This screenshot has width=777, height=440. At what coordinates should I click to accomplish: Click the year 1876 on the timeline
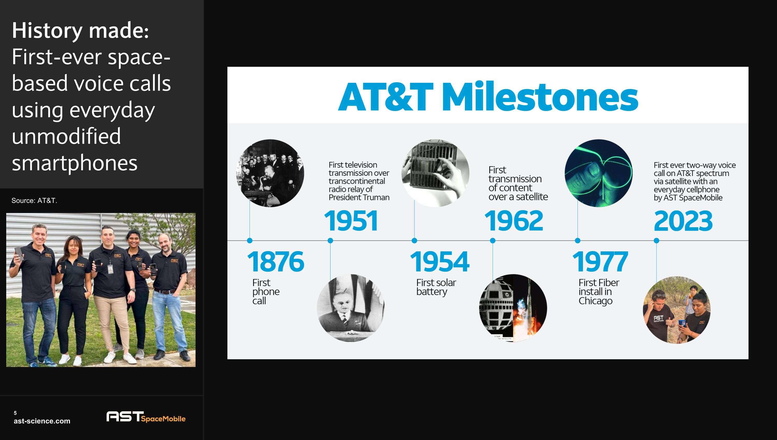point(275,261)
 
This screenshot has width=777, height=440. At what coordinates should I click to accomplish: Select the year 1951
point(351,221)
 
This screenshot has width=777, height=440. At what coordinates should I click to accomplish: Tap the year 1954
point(440,261)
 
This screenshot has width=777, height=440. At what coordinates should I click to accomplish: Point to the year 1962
point(514,221)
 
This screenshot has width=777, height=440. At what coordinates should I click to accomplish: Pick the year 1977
point(600,261)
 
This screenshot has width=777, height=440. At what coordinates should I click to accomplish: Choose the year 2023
point(683,221)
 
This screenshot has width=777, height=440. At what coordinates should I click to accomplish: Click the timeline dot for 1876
point(249,240)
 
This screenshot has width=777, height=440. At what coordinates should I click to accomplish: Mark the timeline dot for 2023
point(656,240)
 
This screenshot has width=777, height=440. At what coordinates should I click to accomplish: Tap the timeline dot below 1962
point(493,240)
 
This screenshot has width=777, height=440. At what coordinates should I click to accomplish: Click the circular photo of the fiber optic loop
point(598,173)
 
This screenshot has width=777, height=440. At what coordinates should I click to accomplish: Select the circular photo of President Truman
point(351,308)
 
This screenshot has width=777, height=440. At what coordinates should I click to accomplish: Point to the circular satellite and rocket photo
point(513,308)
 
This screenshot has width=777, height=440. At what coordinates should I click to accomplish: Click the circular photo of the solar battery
point(435,173)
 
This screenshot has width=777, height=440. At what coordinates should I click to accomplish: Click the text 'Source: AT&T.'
point(34,201)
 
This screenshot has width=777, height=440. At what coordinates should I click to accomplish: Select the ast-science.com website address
point(42,421)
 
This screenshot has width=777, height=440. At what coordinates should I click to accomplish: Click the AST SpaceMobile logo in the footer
point(146,417)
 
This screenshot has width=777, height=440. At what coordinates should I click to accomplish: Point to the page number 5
point(15,413)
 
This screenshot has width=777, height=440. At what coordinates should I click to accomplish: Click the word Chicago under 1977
point(595,301)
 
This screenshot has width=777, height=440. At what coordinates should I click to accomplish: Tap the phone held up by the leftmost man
point(19,253)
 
